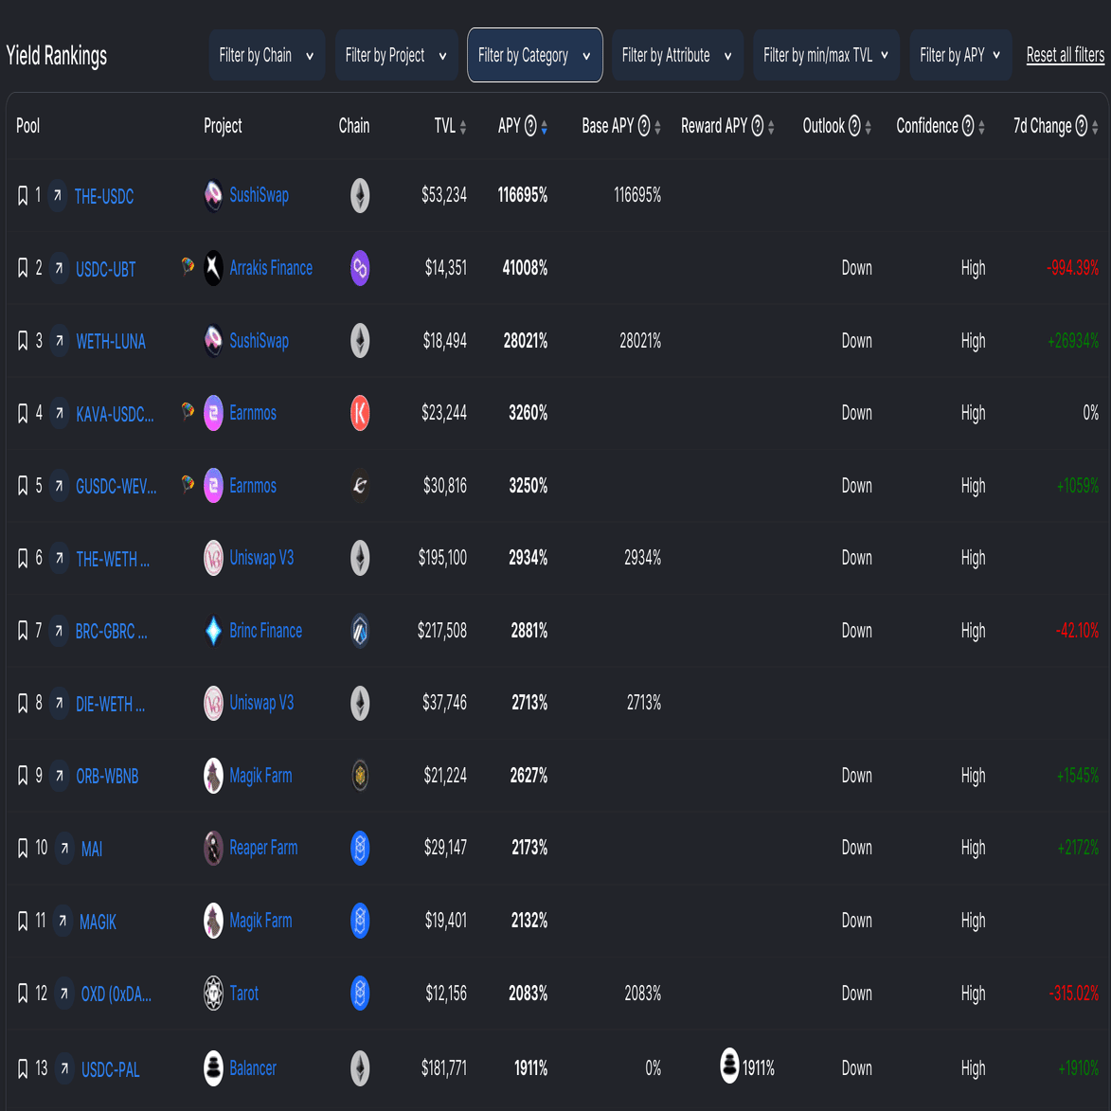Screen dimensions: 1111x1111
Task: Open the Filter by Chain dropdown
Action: coord(266,55)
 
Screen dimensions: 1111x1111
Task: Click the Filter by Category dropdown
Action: coord(534,55)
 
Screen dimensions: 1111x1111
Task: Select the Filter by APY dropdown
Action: coord(960,55)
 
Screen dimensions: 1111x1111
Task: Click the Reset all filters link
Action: coord(1065,55)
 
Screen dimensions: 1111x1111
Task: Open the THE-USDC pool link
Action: coord(104,196)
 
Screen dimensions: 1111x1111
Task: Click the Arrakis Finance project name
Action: coord(271,268)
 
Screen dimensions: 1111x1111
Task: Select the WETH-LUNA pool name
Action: coord(111,341)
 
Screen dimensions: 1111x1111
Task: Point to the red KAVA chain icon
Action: coord(360,413)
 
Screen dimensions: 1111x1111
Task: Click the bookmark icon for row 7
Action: coord(23,631)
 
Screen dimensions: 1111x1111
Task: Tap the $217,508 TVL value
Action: coord(442,631)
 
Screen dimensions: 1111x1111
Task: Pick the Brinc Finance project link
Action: coord(265,631)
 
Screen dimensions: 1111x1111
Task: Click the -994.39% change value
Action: coord(1072,268)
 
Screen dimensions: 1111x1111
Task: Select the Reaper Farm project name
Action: coord(263,848)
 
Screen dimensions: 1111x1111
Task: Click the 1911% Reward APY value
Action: coord(758,1068)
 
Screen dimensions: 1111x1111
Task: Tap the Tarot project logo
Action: coord(214,993)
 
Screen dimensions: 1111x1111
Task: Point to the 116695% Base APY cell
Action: coord(636,195)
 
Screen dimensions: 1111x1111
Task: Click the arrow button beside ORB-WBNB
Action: coord(59,776)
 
